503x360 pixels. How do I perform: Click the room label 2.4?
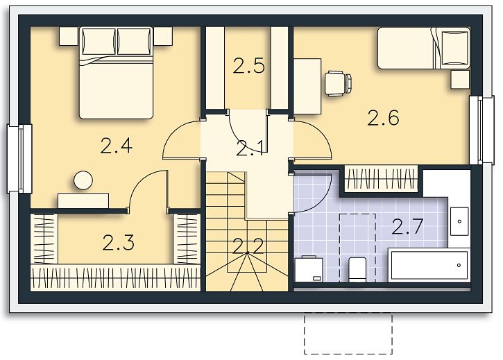point(116,146)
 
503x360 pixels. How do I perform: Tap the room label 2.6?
point(384,117)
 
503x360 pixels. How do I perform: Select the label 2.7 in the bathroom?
point(407,226)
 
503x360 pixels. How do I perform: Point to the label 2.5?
point(249,66)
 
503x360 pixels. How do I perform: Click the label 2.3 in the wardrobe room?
point(119,242)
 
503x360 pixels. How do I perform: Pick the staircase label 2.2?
point(248,246)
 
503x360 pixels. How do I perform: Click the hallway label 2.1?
point(250,148)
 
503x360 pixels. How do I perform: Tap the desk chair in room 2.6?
point(338,83)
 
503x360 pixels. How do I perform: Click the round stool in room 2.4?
point(83,180)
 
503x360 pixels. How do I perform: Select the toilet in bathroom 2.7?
point(357,270)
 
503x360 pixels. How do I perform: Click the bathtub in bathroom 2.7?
point(429,265)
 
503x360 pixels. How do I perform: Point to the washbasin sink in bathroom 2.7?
point(459,221)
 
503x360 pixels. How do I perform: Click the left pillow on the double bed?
point(99,42)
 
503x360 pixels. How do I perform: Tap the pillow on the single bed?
point(455,47)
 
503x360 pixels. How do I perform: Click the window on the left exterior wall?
point(20,159)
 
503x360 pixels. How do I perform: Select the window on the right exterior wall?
point(481,130)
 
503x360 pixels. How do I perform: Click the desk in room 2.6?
point(307,86)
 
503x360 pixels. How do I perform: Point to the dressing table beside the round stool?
point(83,201)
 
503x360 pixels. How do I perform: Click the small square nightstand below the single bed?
point(460,79)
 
